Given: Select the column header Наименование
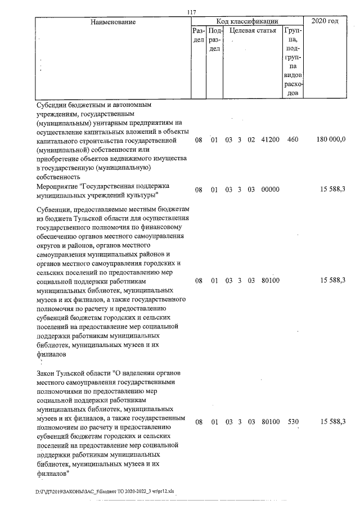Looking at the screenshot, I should (111, 21).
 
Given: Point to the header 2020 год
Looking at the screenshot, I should (328, 21).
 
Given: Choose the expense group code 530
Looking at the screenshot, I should (292, 421).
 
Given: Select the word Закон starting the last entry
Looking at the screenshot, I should (46, 372).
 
